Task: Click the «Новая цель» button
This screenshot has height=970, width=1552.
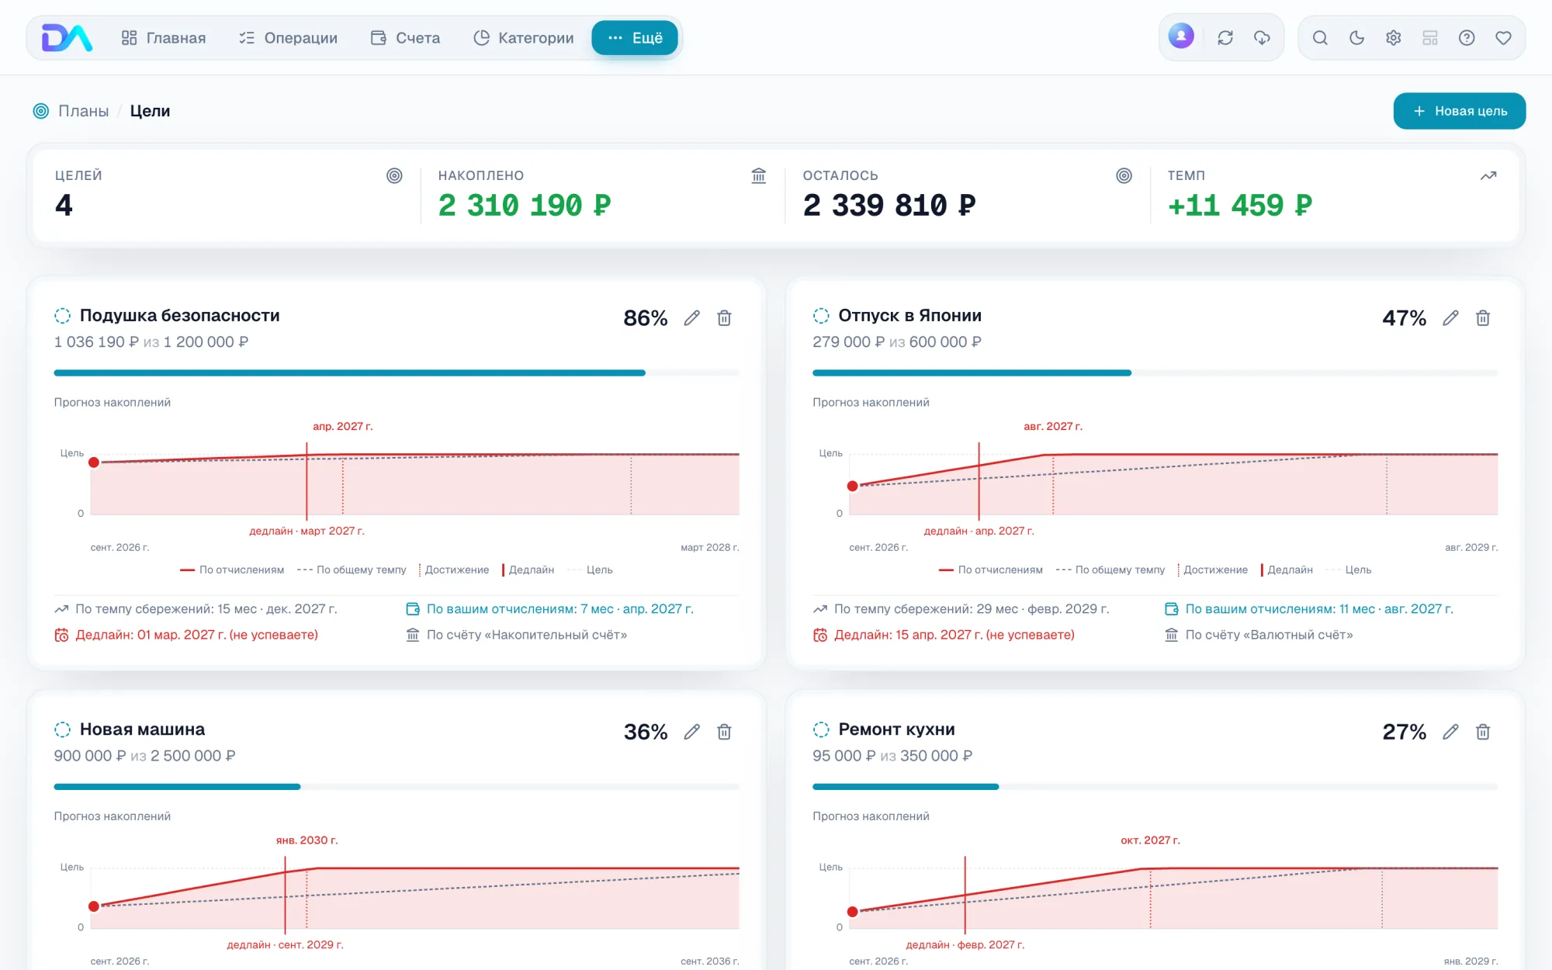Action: point(1459,111)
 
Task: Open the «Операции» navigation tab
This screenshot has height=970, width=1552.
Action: point(288,38)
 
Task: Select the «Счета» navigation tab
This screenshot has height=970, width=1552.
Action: point(406,38)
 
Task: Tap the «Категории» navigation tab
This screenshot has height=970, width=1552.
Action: point(524,38)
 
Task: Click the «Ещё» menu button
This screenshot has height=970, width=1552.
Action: point(635,38)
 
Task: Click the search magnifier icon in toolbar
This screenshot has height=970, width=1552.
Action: point(1320,38)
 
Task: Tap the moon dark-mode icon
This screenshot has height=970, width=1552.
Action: point(1356,38)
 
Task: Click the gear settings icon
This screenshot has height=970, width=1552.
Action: point(1394,38)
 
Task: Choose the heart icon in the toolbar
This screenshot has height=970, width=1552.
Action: point(1503,38)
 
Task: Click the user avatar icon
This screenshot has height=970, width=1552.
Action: point(1181,36)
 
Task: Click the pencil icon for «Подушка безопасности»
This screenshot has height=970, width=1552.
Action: point(691,318)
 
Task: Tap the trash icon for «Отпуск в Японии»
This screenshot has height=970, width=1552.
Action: point(1483,318)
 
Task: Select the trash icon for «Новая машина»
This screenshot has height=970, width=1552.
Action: point(724,732)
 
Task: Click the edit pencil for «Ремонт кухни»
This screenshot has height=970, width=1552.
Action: point(1450,732)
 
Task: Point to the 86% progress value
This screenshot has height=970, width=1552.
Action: point(646,318)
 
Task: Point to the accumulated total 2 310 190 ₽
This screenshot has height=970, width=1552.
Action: point(525,205)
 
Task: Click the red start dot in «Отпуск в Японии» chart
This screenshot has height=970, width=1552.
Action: point(853,486)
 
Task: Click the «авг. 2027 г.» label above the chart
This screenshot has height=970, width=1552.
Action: point(1053,426)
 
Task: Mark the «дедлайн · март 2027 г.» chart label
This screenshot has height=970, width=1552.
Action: point(307,531)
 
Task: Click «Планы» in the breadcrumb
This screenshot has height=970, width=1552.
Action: point(84,111)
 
